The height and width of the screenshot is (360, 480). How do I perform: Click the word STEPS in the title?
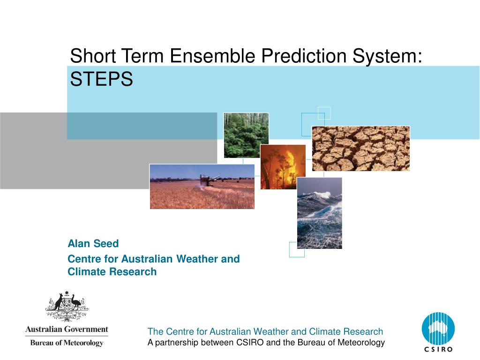pos(101,79)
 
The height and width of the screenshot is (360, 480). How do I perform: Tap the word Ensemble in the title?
pos(212,56)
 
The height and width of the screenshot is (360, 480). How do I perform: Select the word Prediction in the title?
pos(304,56)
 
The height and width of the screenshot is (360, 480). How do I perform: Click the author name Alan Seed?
pos(93,243)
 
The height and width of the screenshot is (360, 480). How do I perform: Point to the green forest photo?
pos(246,135)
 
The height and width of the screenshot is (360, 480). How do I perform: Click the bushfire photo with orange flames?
pos(283,167)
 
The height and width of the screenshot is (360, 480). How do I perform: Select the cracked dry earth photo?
pos(360,149)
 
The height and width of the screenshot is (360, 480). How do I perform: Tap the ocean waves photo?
pos(320,213)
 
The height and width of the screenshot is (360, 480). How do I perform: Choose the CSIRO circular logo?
pos(438,329)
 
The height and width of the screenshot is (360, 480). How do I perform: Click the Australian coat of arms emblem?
pos(67,306)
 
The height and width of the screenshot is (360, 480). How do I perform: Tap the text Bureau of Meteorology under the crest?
pos(67,343)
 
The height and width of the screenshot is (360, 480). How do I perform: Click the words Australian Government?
pos(67,329)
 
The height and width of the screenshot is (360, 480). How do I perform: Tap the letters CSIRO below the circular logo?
pos(438,349)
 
